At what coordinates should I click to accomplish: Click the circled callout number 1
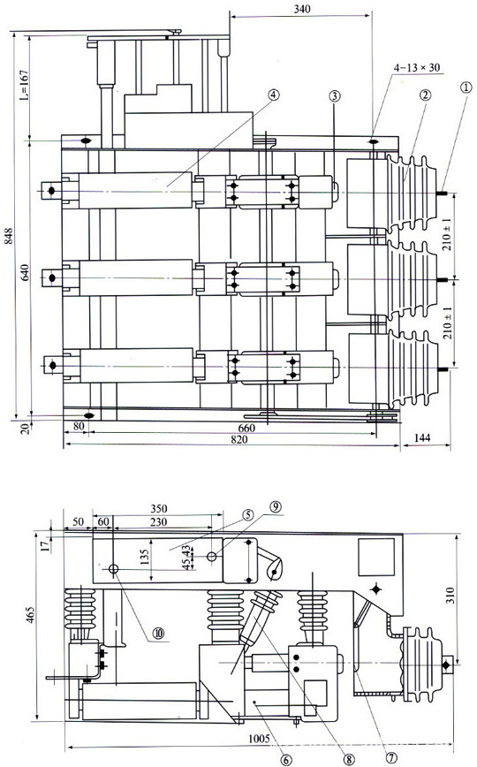(x=466, y=87)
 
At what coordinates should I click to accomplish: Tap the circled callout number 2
(x=425, y=95)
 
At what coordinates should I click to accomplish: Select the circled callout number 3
(x=335, y=96)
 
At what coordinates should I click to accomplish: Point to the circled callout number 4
(x=274, y=95)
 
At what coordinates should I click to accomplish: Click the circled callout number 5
(x=248, y=514)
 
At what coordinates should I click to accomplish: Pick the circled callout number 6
(x=286, y=759)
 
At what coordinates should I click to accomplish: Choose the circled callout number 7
(x=391, y=756)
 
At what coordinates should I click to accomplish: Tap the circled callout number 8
(x=349, y=759)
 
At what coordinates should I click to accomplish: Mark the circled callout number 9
(x=276, y=506)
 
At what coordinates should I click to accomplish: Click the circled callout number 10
(x=158, y=633)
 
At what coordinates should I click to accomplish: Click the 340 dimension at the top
(x=302, y=8)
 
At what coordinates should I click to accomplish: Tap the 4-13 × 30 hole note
(x=417, y=67)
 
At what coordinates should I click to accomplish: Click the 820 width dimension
(x=238, y=439)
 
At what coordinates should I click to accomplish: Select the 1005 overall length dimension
(x=258, y=738)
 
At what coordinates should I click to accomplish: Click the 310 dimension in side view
(x=450, y=595)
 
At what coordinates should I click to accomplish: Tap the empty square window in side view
(x=376, y=557)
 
